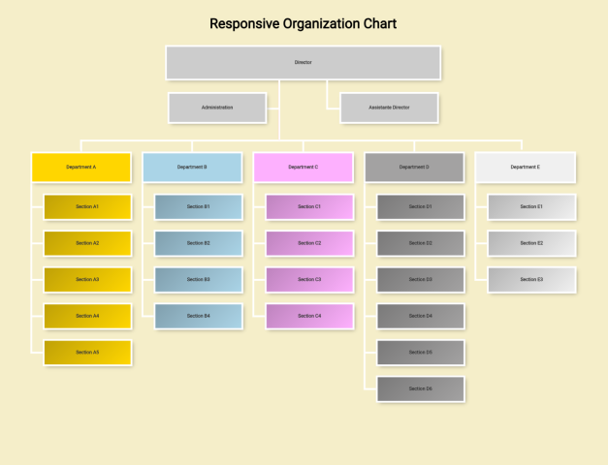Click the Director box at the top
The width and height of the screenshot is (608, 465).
pyautogui.click(x=304, y=62)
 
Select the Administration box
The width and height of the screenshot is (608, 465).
pyautogui.click(x=217, y=108)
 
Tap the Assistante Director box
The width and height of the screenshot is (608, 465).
pyautogui.click(x=389, y=108)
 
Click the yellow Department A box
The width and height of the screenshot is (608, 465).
pyautogui.click(x=81, y=167)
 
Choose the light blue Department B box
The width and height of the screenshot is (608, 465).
pyautogui.click(x=192, y=167)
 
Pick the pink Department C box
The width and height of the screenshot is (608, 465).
pyautogui.click(x=303, y=167)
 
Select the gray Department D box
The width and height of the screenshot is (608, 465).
pyautogui.click(x=414, y=167)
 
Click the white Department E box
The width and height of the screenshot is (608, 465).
pyautogui.click(x=525, y=167)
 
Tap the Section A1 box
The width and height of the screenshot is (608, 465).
pyautogui.click(x=87, y=206)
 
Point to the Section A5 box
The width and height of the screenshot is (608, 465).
pyautogui.click(x=87, y=352)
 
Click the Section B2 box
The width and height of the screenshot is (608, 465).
pyautogui.click(x=199, y=243)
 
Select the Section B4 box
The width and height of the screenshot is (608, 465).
pyautogui.click(x=199, y=316)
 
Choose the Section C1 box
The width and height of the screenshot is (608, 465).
pyautogui.click(x=309, y=206)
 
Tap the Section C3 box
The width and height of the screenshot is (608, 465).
pyautogui.click(x=309, y=279)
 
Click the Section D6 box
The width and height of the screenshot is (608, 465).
pyautogui.click(x=420, y=388)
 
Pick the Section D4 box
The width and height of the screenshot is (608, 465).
pyautogui.click(x=420, y=316)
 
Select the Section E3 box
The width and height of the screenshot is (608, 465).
pyautogui.click(x=531, y=279)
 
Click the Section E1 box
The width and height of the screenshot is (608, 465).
pyautogui.click(x=531, y=206)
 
